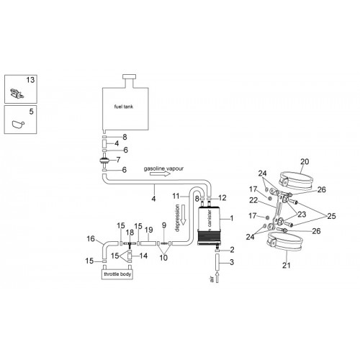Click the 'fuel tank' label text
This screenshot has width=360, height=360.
coord(124,107)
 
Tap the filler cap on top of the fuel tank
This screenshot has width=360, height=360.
coord(129,77)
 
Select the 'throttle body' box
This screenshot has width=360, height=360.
coord(117,274)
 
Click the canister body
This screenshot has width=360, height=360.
coord(208,225)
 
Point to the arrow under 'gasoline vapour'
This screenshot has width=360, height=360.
coord(160,174)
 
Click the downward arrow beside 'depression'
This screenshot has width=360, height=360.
coord(183,215)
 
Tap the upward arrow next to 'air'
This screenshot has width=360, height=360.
coord(217,277)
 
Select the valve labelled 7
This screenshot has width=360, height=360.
coord(104,160)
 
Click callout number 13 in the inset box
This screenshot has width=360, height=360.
coord(30,80)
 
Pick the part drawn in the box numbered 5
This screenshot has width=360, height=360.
coord(18,125)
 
